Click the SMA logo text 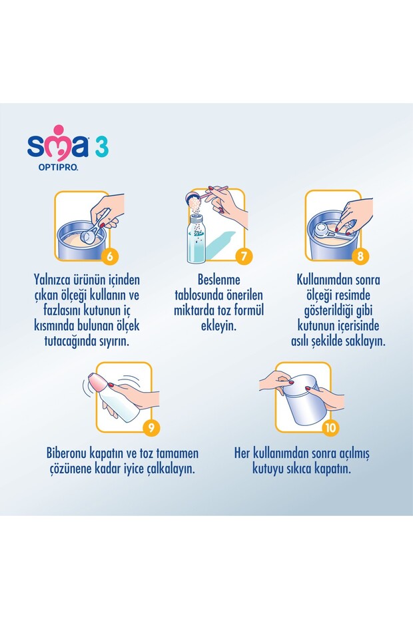pos(57,145)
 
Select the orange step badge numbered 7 pos(244,255)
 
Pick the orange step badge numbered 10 pos(330,427)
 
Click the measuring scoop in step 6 pos(90,235)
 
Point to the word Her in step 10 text pos(243,454)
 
